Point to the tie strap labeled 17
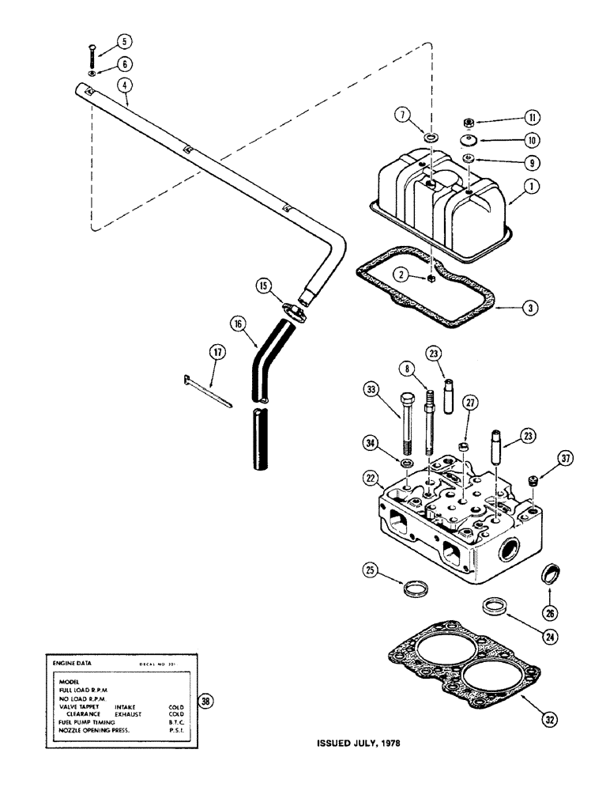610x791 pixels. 206,392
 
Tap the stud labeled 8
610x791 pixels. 430,426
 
